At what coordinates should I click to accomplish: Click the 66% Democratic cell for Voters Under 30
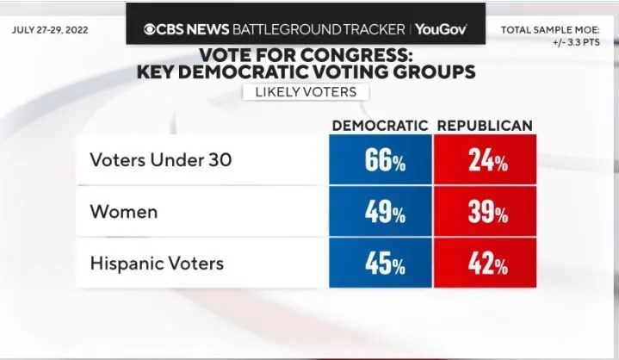pos(380,160)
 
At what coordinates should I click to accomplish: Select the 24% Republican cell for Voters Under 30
pos(485,160)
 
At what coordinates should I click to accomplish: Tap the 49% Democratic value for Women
pos(380,212)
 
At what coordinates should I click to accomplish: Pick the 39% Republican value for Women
pos(485,212)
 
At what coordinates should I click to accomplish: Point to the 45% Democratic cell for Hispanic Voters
pos(380,263)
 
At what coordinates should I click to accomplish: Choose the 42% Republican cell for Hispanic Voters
pos(485,263)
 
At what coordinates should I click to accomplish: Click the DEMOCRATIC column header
pos(380,126)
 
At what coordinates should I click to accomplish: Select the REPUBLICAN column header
pos(485,126)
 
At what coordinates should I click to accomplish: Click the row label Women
pos(124,212)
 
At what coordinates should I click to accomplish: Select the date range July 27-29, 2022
pos(51,29)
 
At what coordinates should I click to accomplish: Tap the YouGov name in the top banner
pos(441,29)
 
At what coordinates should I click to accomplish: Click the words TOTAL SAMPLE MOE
pos(554,29)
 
